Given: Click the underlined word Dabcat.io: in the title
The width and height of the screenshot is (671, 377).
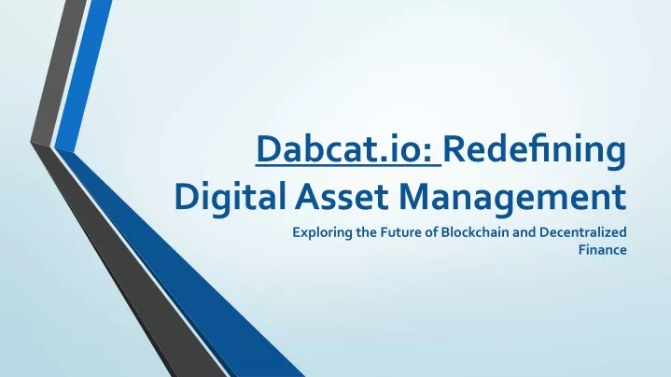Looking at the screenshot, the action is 344,149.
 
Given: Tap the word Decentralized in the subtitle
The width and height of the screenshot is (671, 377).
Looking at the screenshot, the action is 583,232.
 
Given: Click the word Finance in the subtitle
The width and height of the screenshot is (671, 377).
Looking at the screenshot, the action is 603,249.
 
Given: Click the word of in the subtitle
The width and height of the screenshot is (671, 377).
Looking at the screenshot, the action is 430,232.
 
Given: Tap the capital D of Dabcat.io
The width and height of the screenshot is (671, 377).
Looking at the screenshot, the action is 270,149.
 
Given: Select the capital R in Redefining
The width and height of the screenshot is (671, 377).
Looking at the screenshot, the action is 454,149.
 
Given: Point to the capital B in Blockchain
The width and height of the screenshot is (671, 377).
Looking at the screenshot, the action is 445,232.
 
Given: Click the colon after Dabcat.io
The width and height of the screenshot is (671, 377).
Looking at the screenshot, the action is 427,153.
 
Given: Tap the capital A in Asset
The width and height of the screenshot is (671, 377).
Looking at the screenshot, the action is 308,196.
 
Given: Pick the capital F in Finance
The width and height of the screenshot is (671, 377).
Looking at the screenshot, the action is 582,250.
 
